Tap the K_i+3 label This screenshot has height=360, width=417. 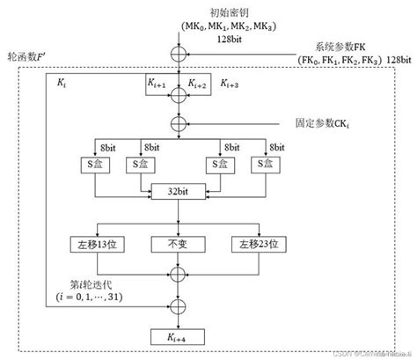pyautogui.click(x=232, y=84)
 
